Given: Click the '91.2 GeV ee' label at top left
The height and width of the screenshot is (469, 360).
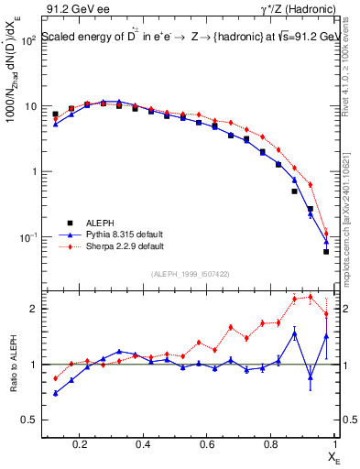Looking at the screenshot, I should coord(74,8).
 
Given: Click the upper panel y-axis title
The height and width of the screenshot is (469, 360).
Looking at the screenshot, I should coord(13,92).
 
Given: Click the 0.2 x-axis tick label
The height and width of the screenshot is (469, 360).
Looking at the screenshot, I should coord(80,446).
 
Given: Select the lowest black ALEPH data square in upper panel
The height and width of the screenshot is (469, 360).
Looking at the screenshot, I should coord(326,251).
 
